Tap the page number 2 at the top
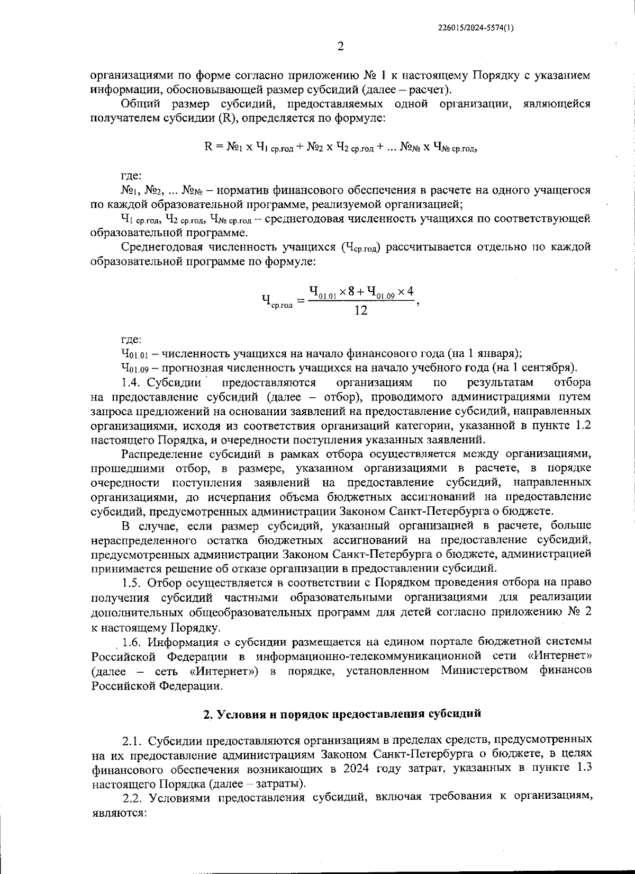point(340,47)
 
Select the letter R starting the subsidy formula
point(208,147)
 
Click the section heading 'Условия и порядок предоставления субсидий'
point(342,713)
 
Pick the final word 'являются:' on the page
point(118,812)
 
